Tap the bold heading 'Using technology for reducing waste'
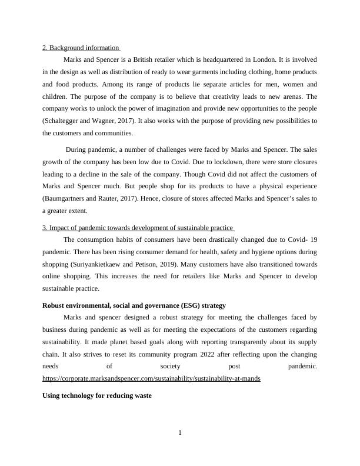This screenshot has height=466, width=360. click(x=97, y=396)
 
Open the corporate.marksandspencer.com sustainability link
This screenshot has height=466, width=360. click(x=151, y=379)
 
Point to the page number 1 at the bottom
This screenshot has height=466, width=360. click(x=180, y=434)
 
